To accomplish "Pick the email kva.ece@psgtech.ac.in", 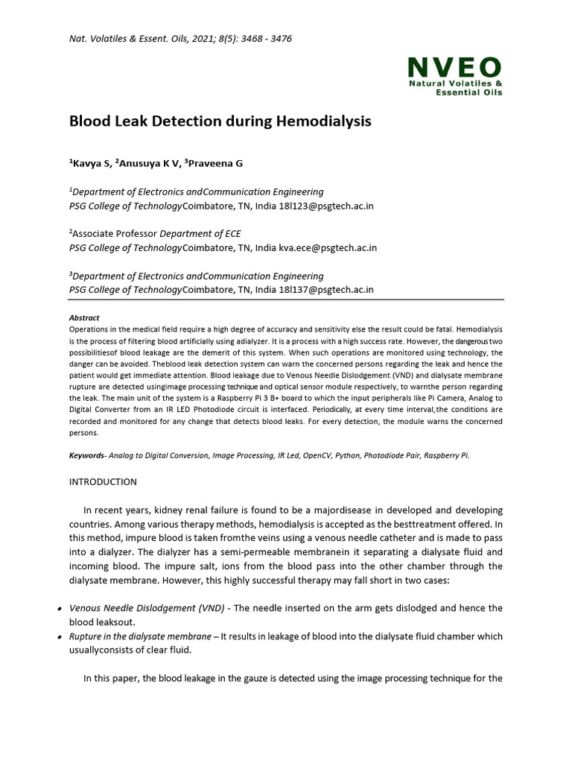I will coord(327,247).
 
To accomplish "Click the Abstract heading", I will coord(84,317).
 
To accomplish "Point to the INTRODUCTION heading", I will coord(103,481).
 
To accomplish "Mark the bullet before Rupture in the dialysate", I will coord(59,637).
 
